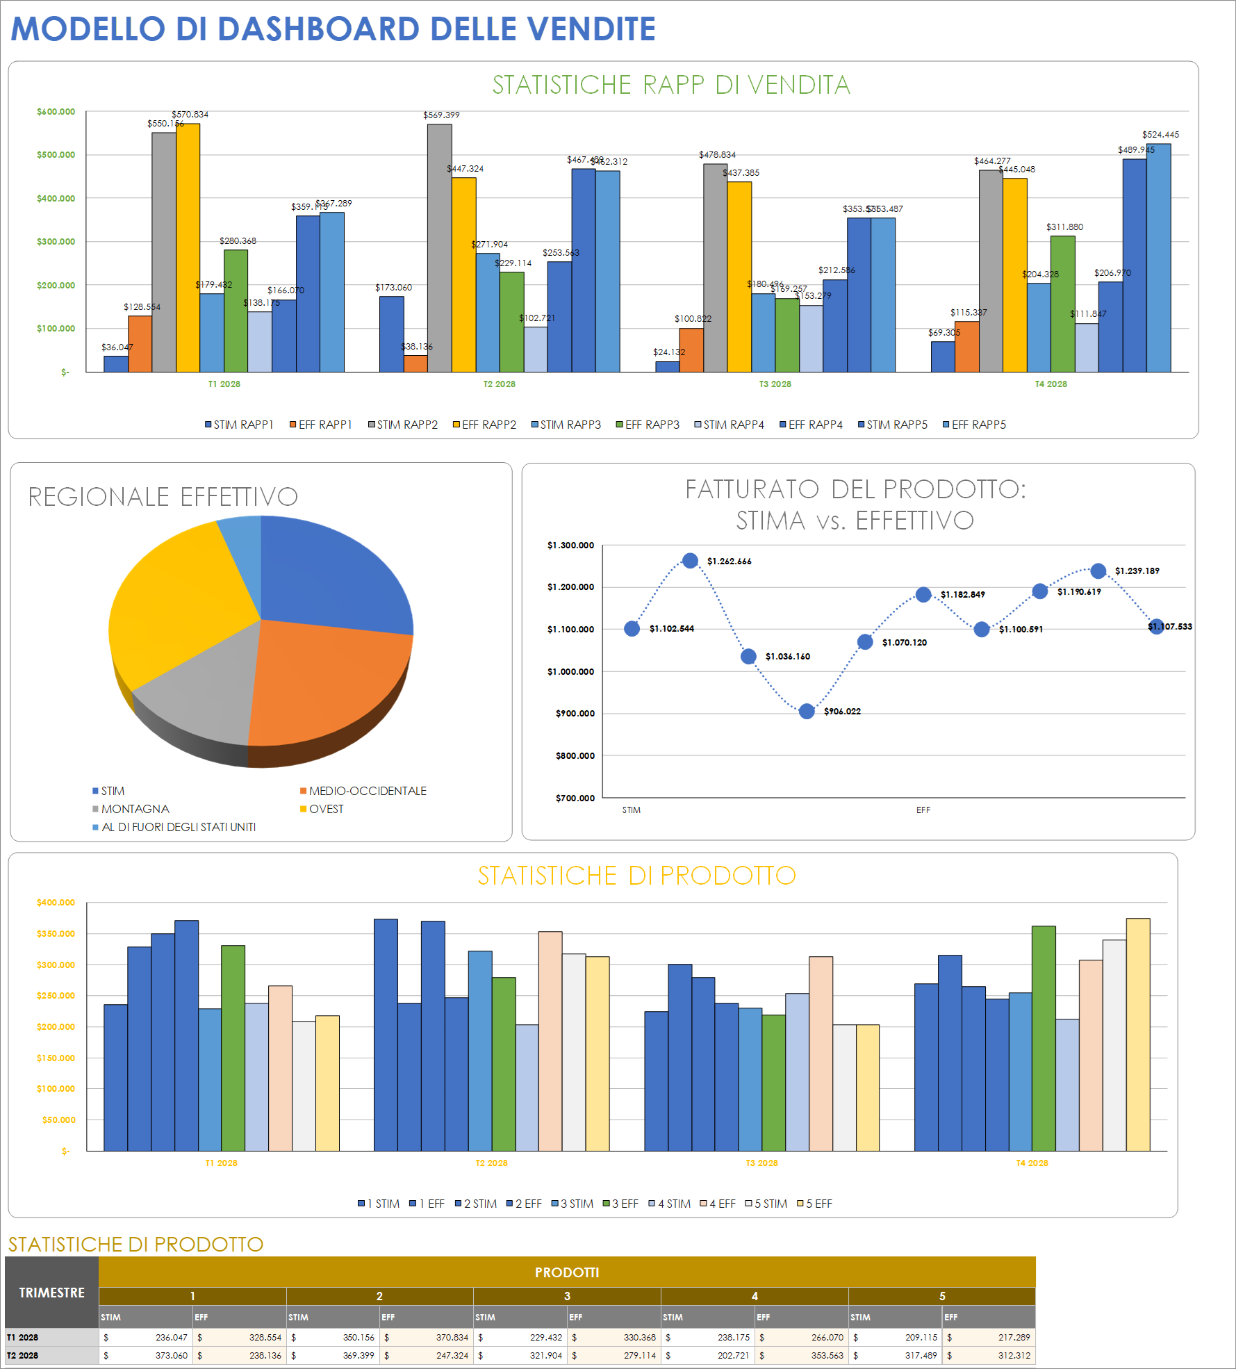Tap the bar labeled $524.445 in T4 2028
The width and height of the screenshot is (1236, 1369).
click(1158, 257)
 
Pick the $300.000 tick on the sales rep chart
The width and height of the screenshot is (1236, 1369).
click(56, 242)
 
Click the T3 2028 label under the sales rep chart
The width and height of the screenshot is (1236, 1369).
click(775, 384)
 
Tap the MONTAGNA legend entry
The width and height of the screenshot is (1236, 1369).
click(135, 809)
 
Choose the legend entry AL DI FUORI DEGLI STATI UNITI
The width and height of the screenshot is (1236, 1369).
click(178, 827)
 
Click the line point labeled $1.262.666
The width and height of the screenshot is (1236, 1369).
click(690, 561)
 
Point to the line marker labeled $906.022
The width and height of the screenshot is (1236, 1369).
click(807, 711)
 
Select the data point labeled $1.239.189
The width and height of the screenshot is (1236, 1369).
click(1098, 571)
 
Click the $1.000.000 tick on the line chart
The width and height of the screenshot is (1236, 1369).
click(570, 671)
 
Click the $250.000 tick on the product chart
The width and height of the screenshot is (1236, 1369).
click(56, 996)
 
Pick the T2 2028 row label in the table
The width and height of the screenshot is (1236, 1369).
click(23, 1355)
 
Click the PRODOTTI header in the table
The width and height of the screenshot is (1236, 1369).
click(566, 1272)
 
